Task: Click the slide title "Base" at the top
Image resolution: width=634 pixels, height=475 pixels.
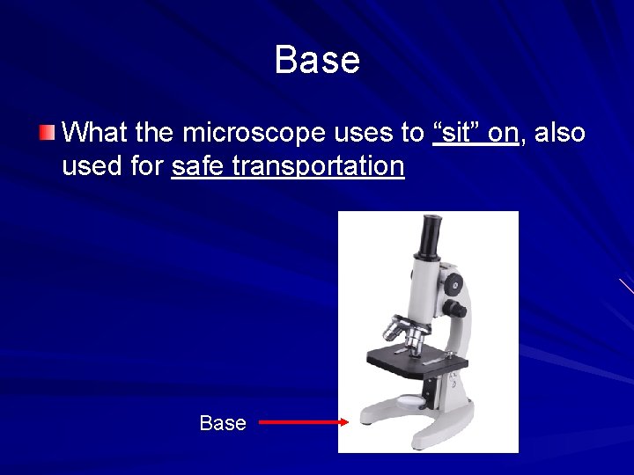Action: click(317, 61)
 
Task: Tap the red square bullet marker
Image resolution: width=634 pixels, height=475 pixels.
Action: click(47, 134)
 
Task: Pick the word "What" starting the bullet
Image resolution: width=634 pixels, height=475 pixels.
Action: click(92, 133)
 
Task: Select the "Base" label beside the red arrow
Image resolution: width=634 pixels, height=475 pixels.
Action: click(223, 423)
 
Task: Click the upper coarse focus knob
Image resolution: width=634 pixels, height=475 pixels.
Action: click(453, 283)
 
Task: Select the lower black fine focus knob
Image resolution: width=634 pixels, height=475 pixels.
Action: click(456, 309)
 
